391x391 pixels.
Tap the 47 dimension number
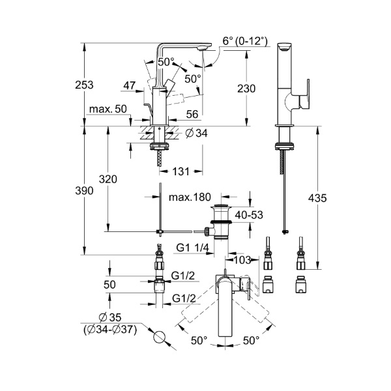pyautogui.click(x=129, y=85)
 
